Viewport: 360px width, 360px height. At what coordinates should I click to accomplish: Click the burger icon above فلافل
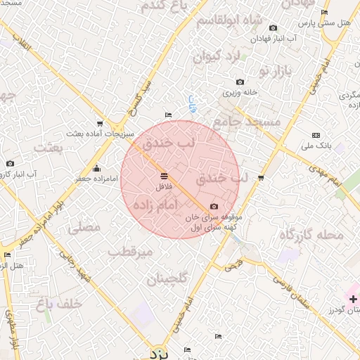[164, 176]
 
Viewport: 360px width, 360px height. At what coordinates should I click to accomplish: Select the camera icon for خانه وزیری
[240, 82]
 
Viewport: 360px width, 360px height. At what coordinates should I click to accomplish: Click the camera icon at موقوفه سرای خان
[214, 207]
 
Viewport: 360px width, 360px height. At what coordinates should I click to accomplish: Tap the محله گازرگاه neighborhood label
[311, 235]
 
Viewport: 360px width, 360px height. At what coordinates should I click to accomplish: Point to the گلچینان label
[167, 279]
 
